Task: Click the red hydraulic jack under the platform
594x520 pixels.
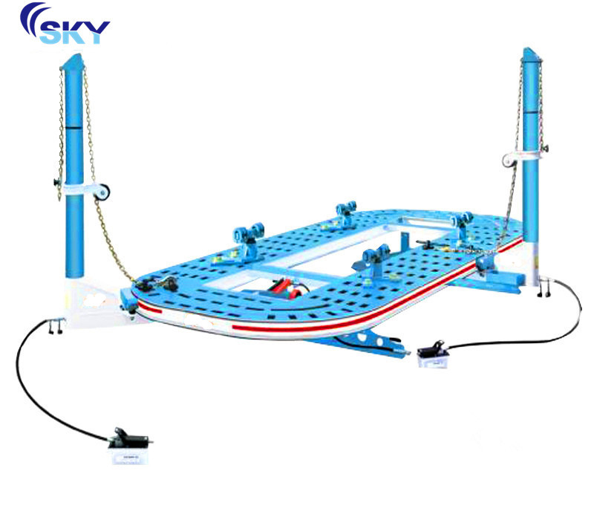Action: pyautogui.click(x=287, y=287)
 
